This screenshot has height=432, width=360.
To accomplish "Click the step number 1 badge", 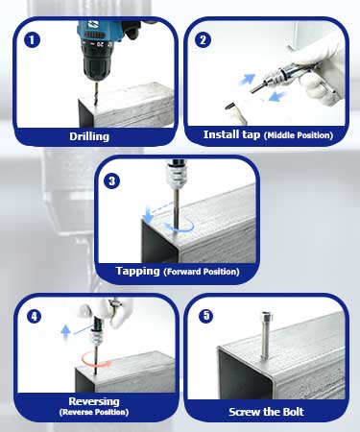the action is click(32, 40).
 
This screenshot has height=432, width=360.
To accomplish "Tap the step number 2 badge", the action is click(203, 40).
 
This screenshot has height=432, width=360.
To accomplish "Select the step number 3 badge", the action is click(111, 181).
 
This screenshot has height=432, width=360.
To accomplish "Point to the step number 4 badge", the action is click(35, 316).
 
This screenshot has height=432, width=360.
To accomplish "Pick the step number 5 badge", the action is click(205, 316).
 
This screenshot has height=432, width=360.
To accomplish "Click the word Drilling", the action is click(89, 136).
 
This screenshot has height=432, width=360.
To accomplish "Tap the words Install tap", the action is click(231, 134).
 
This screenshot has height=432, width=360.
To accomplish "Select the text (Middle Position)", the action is click(299, 135).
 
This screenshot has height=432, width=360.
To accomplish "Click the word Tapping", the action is click(137, 271).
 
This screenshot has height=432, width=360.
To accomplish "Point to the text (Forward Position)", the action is click(202, 272).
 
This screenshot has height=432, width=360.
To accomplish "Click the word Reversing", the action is click(94, 401).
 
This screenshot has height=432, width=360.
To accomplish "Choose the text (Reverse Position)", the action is click(94, 412).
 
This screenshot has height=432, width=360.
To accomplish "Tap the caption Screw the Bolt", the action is click(266, 412).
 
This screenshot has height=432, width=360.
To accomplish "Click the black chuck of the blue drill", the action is click(96, 62).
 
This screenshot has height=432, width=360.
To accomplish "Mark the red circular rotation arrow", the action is click(97, 360).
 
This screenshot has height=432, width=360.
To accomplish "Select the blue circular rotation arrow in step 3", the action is click(180, 225).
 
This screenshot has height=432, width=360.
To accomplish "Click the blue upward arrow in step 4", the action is click(65, 331).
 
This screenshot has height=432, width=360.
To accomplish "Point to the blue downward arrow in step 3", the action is click(148, 215).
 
